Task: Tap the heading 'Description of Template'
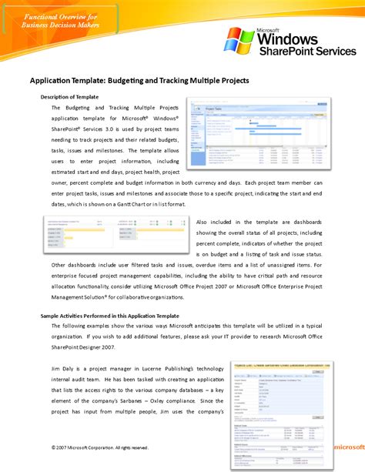[69, 97]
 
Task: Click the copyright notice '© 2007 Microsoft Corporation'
[88, 447]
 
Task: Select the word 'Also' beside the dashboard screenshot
[206, 222]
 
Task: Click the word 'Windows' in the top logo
[288, 38]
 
